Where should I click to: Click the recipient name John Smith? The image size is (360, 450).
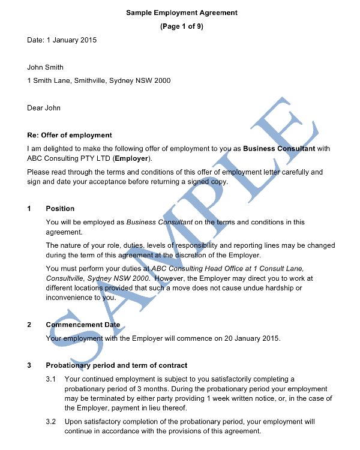click(46, 67)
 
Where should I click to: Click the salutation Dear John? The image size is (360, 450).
click(44, 108)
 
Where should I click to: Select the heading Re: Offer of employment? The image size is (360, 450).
click(70, 135)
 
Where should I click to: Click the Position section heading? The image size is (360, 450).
click(60, 209)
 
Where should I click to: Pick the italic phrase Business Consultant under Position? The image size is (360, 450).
click(159, 222)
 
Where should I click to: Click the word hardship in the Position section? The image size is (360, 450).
click(269, 289)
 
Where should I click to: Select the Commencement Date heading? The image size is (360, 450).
click(83, 325)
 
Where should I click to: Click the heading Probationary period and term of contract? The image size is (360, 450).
click(116, 365)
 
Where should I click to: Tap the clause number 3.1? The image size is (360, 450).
click(51, 379)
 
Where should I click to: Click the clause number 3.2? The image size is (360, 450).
click(51, 422)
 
